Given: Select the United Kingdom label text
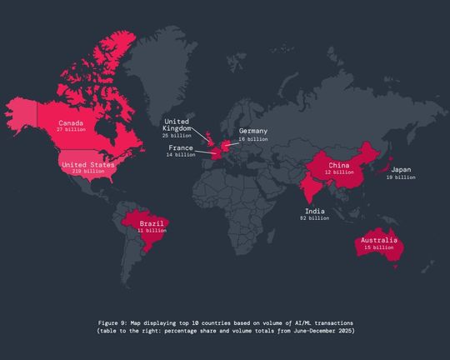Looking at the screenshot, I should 177,124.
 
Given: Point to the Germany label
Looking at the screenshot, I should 253,132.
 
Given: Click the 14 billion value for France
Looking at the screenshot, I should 181,155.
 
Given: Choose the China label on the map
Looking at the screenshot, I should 337,165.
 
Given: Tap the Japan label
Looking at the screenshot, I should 401,170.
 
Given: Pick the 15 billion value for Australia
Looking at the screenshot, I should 377,247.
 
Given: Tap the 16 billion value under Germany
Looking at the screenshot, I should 253,139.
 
